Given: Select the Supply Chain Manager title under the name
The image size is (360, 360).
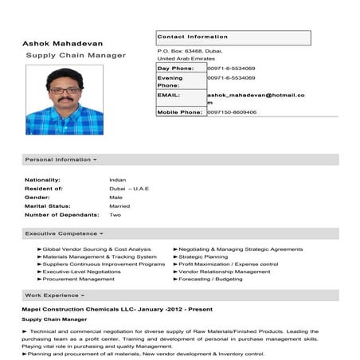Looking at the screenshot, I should (76, 56).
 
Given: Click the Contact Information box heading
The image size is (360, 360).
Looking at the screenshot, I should (193, 37).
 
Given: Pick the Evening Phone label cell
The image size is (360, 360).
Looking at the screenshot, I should (170, 82).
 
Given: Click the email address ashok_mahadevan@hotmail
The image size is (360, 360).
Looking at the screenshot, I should (255, 95).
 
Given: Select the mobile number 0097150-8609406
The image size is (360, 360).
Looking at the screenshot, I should (232, 112).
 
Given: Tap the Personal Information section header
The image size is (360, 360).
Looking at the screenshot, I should (61, 159).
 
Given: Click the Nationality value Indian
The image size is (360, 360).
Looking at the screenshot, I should (117, 180).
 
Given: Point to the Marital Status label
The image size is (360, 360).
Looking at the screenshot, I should (53, 205).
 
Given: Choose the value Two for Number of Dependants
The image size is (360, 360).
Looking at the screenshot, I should (115, 214).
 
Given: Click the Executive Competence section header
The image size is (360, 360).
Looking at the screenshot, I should (65, 234).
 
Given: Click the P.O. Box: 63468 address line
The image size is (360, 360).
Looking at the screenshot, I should (190, 51).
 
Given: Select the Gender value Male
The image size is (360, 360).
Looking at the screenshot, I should (115, 197).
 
